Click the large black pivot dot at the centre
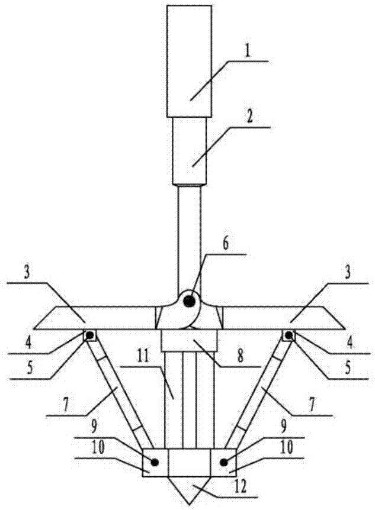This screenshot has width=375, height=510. [x=190, y=301]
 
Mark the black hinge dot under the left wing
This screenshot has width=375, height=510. [x=89, y=336]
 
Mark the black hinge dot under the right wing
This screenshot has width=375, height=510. [x=289, y=336]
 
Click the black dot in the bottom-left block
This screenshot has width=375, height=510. [x=155, y=462]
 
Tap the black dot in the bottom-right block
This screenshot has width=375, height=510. [x=224, y=462]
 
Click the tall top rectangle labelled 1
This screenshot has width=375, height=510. [x=189, y=59]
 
